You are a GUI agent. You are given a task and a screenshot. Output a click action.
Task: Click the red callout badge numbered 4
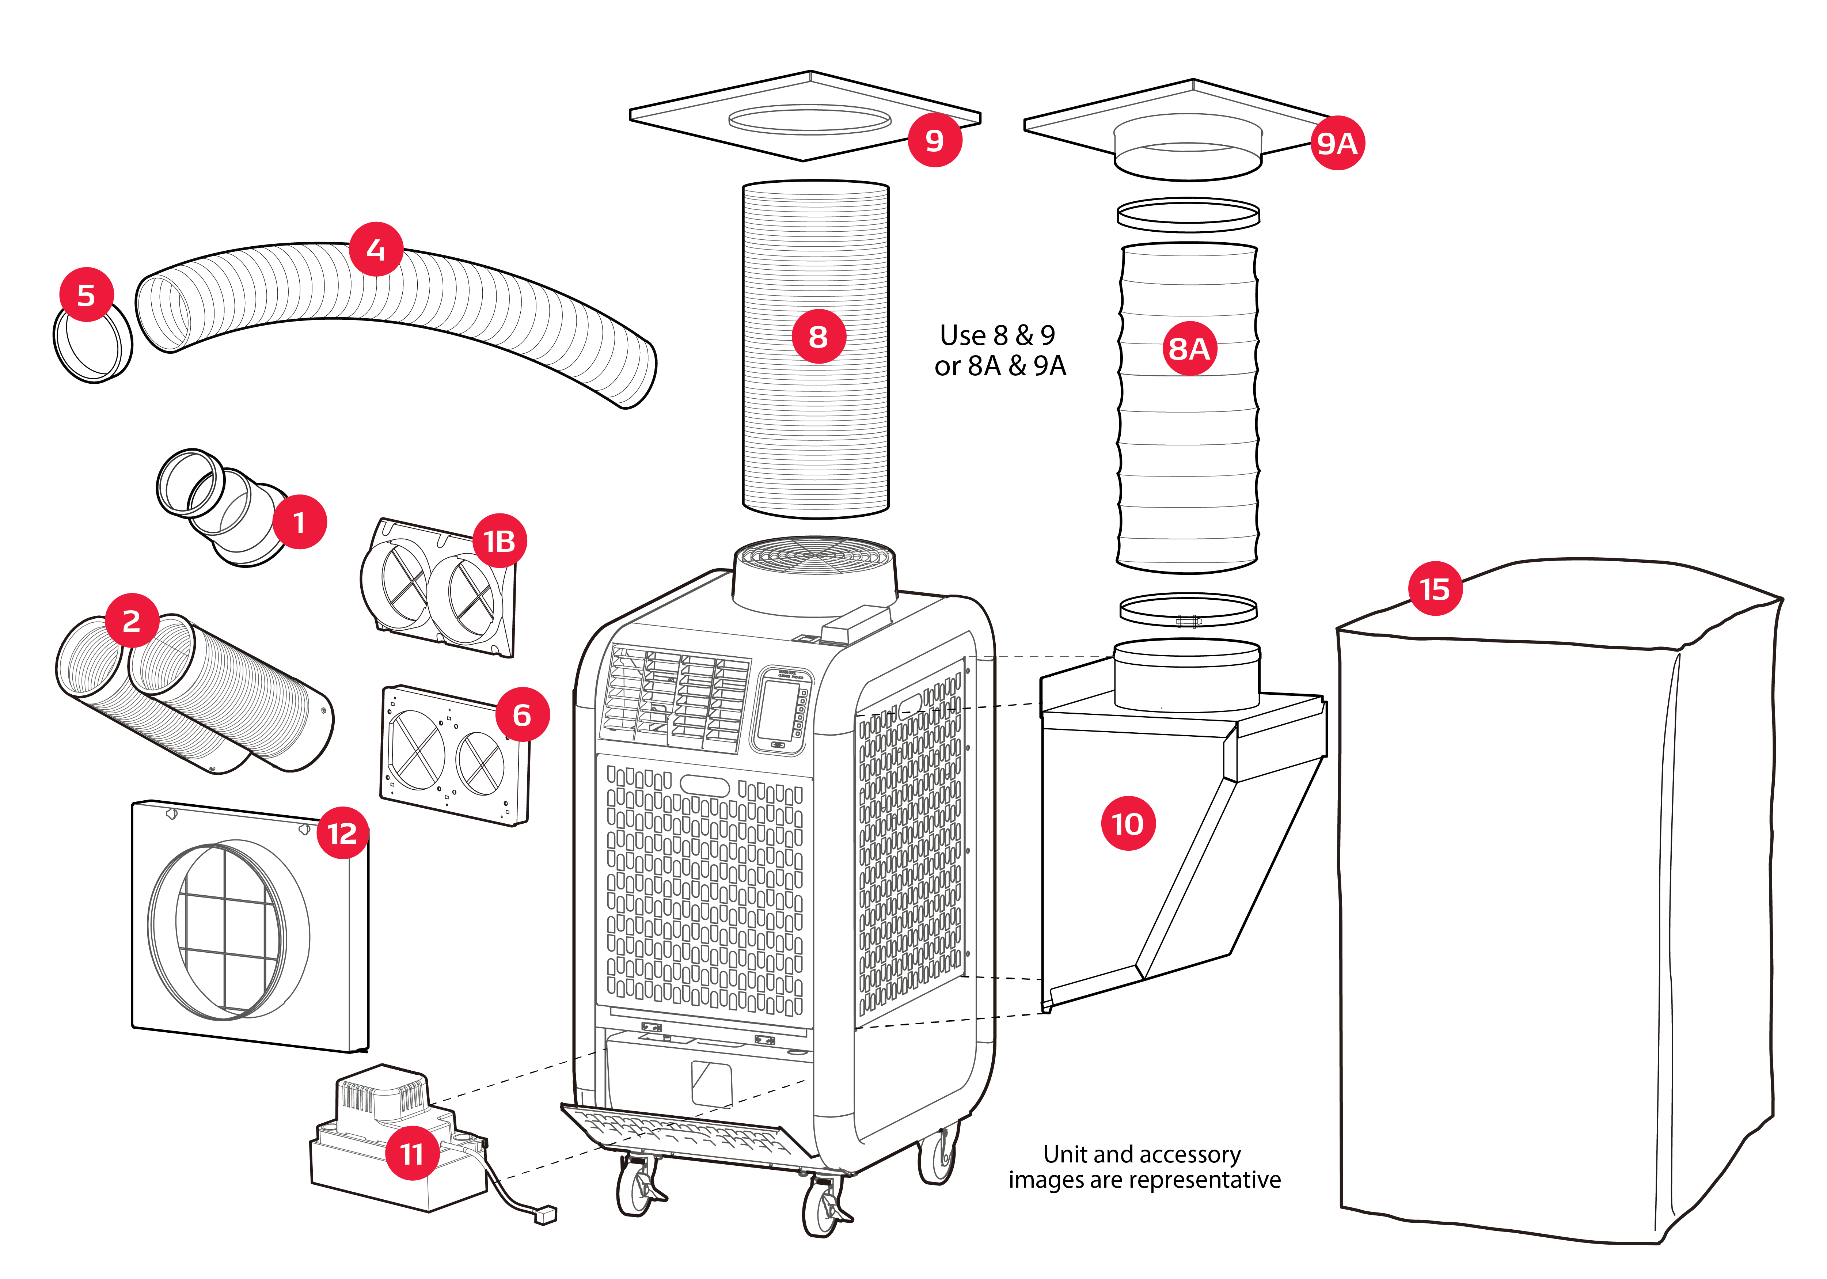[376, 249]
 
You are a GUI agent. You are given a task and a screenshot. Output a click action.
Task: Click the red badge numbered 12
[342, 833]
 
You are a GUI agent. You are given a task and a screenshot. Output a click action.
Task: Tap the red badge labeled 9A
[1337, 143]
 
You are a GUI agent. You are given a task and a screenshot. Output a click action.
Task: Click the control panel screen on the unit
[778, 710]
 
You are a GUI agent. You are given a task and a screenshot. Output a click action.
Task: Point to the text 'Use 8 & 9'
[997, 335]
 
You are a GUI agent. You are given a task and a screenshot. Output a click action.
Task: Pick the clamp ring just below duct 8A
[1188, 611]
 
